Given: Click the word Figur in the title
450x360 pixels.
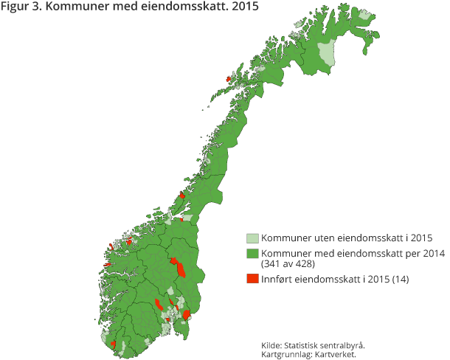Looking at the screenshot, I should pyautogui.click(x=16, y=9).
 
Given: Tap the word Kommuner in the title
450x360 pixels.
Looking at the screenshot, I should pyautogui.click(x=72, y=9).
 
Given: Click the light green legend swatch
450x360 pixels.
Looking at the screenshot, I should pyautogui.click(x=252, y=238).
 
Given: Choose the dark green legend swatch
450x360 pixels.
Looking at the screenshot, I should pyautogui.click(x=252, y=254).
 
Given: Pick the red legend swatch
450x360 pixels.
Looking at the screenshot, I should pyautogui.click(x=252, y=278).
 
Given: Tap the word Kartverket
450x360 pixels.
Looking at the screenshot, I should pyautogui.click(x=336, y=354).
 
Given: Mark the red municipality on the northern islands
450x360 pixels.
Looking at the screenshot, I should pyautogui.click(x=229, y=79).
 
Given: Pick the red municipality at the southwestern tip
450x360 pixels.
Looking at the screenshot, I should pyautogui.click(x=113, y=344).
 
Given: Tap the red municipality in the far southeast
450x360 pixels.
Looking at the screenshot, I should pyautogui.click(x=187, y=314).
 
